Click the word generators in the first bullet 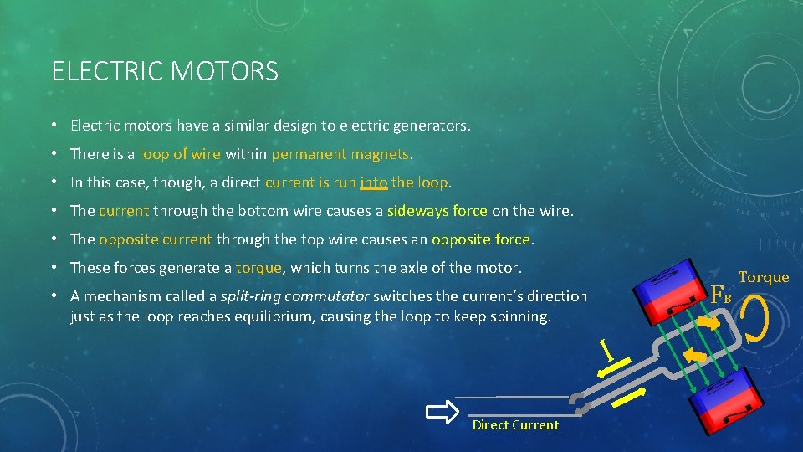(428, 126)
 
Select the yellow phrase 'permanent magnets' (340, 154)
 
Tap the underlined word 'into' (373, 182)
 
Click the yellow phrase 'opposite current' (155, 239)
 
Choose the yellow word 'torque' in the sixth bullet (260, 268)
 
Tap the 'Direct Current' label (515, 425)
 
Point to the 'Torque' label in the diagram (763, 277)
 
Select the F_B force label (720, 295)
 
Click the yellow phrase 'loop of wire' (179, 154)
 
